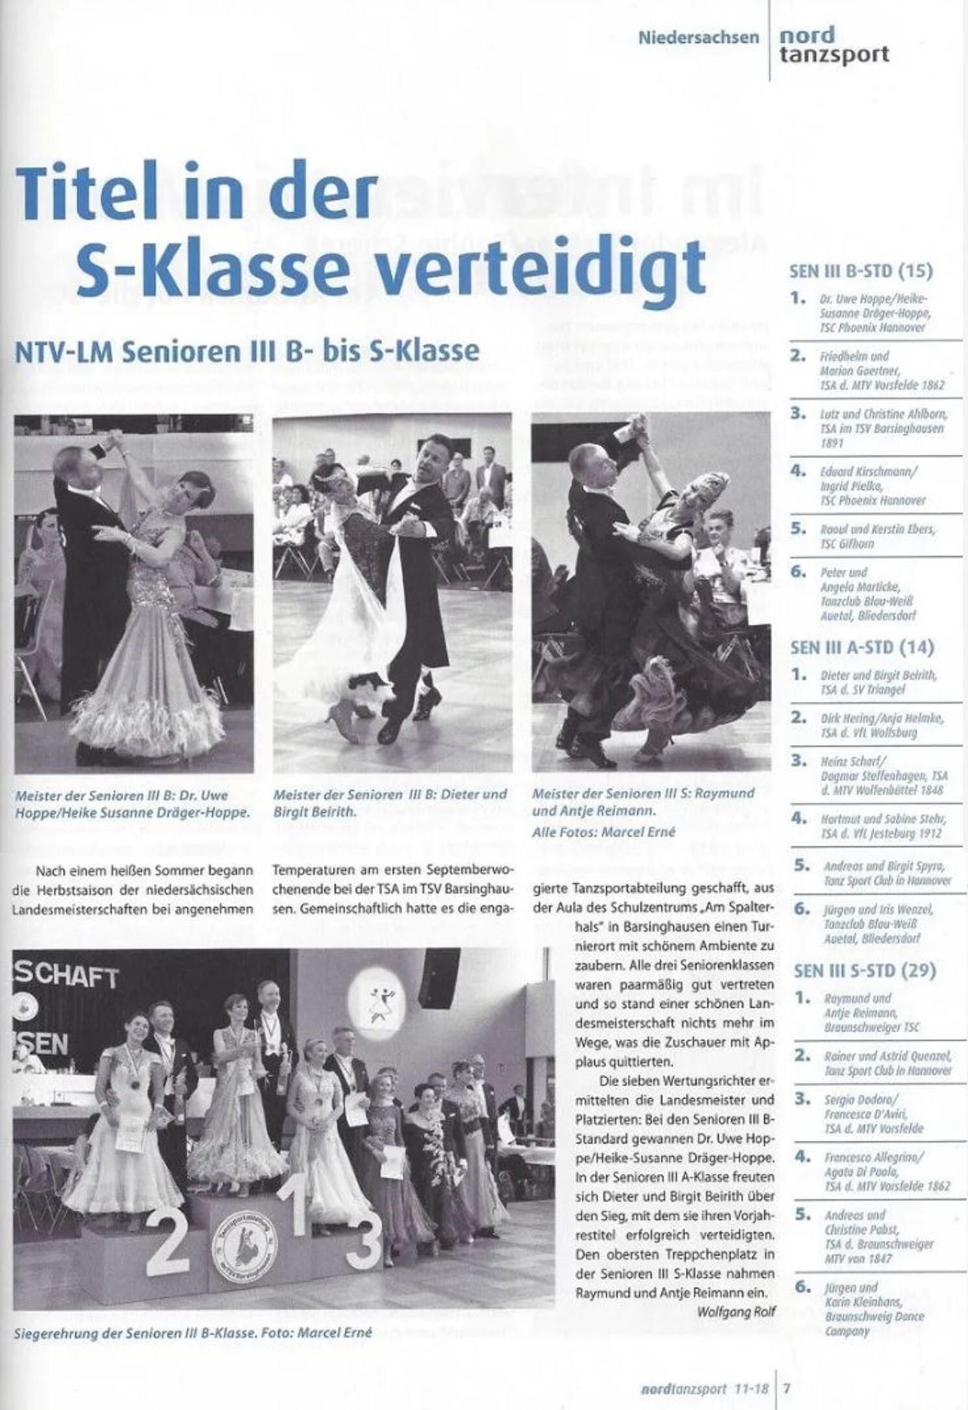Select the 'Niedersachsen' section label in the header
[x=698, y=37]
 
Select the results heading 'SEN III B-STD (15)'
[x=861, y=271]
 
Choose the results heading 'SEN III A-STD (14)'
[x=862, y=647]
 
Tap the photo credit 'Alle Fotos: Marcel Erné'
[x=603, y=833]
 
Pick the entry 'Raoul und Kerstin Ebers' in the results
[x=878, y=537]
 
